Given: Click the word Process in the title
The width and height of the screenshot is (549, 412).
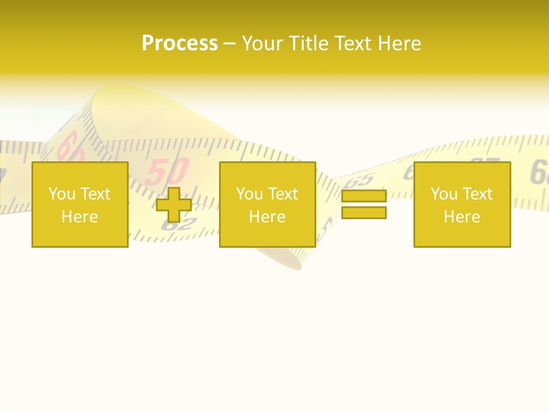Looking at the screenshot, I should [x=180, y=43].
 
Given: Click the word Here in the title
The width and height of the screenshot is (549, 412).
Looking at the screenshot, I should [x=400, y=43].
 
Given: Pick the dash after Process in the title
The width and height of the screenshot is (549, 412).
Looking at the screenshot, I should [x=229, y=44].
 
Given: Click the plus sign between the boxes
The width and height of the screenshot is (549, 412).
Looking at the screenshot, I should [x=174, y=205].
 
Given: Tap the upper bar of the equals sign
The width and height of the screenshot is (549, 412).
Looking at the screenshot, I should [x=364, y=197].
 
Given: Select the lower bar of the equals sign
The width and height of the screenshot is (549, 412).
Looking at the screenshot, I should [x=364, y=212].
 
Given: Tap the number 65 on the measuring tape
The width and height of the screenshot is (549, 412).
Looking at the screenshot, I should [x=360, y=180].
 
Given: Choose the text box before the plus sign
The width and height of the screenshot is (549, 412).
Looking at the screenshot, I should [x=79, y=204].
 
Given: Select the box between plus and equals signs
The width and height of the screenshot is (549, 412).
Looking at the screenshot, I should [x=267, y=204].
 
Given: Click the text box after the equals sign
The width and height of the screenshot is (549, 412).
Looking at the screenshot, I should [x=462, y=204].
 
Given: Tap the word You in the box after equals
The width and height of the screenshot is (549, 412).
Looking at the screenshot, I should [x=444, y=194].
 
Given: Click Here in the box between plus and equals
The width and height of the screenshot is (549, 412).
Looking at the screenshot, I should [x=267, y=217].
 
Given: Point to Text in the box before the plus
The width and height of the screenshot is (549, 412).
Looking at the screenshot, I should [x=95, y=194].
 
